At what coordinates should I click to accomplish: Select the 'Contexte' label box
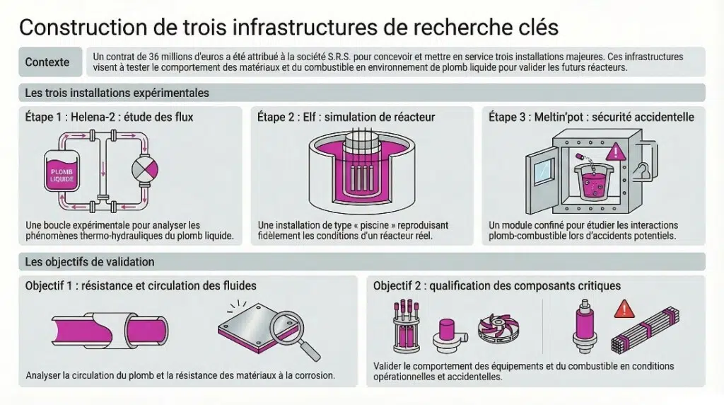(x=47, y=62)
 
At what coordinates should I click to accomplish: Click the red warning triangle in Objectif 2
(x=624, y=309)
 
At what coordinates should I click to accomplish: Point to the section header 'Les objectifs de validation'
(x=90, y=262)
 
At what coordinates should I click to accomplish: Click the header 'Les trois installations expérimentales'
(x=117, y=93)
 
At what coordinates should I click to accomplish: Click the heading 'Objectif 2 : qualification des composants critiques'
(x=497, y=285)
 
